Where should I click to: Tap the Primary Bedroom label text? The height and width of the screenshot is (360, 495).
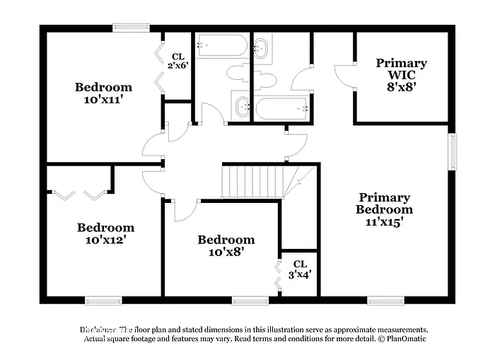[x=384, y=203]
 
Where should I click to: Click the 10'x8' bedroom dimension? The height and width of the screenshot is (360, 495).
[x=226, y=251]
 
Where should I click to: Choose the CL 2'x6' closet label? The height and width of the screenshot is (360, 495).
[x=178, y=61]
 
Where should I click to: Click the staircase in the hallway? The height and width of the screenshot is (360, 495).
[x=253, y=181]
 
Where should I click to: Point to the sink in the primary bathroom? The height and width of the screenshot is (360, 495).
[x=262, y=49]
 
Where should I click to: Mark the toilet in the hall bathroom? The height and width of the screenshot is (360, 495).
[x=236, y=72]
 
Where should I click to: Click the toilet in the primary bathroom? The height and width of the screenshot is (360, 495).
[x=264, y=79]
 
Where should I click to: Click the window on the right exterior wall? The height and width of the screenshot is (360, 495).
[x=452, y=152]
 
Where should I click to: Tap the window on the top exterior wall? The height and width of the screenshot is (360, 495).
[x=132, y=28]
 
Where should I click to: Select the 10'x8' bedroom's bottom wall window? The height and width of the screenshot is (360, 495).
[x=250, y=300]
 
